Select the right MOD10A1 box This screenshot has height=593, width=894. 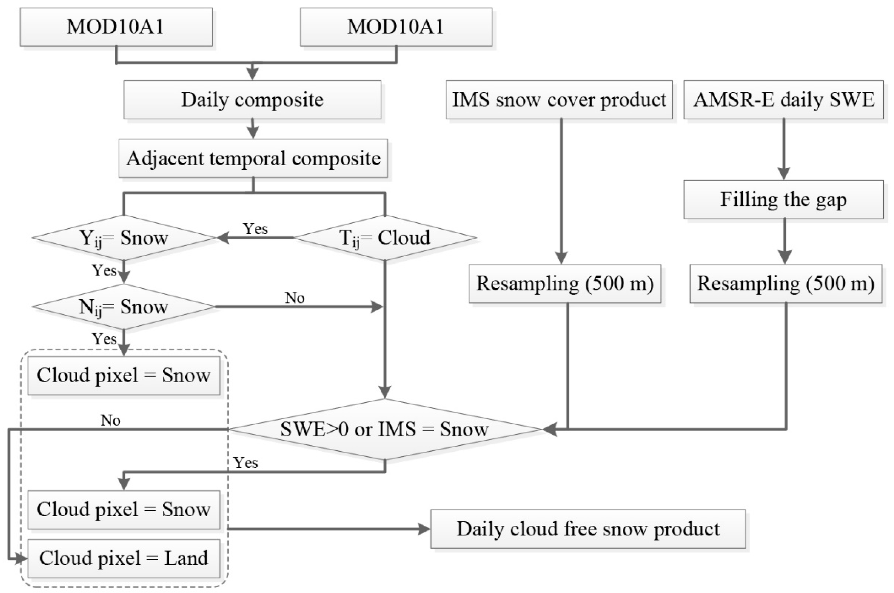(396, 27)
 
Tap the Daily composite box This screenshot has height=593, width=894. (252, 99)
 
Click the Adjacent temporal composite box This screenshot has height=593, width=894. (253, 158)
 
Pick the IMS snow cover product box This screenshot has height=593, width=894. (559, 99)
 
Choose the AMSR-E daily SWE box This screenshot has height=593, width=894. (783, 99)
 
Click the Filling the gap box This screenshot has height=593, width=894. (783, 199)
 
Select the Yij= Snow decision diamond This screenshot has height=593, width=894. (123, 237)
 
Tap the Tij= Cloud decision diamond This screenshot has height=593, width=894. (385, 237)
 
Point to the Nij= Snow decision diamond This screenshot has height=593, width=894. (123, 306)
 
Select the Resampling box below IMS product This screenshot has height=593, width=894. (565, 283)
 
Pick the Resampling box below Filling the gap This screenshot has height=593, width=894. (786, 283)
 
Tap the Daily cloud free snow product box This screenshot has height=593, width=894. (588, 529)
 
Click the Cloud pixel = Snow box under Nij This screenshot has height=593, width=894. (123, 375)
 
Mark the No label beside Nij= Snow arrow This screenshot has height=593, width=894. (295, 298)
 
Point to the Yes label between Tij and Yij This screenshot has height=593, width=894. (255, 229)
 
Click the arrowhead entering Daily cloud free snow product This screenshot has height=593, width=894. (425, 529)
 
